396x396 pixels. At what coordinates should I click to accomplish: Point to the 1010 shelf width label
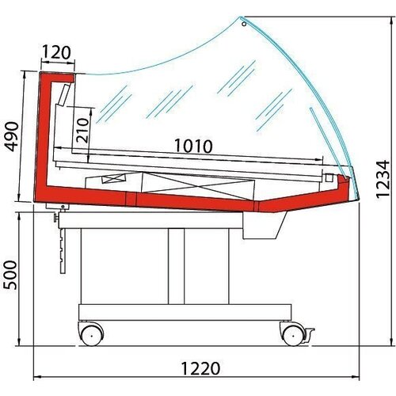pyautogui.click(x=192, y=146)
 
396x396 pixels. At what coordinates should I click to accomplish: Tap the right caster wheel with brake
pyautogui.click(x=295, y=333)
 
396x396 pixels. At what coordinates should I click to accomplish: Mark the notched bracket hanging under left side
pyautogui.click(x=59, y=242)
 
